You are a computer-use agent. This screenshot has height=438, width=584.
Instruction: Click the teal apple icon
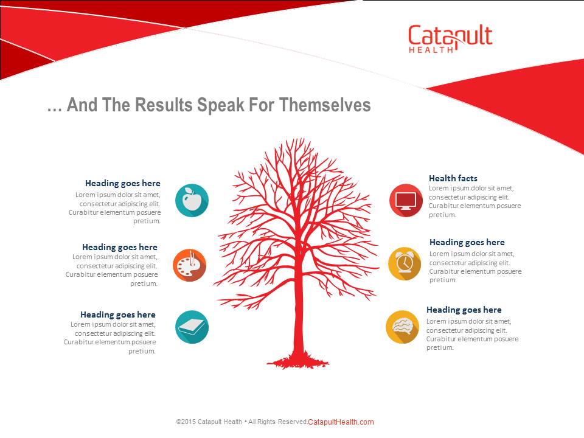[192, 200]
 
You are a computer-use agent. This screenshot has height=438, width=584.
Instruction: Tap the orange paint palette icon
[190, 265]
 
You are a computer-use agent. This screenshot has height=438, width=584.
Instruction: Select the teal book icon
[192, 327]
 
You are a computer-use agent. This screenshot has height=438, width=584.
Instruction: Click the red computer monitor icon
[406, 200]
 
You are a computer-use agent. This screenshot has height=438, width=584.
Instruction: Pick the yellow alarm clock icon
[405, 263]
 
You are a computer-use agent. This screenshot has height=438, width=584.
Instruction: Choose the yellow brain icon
[402, 327]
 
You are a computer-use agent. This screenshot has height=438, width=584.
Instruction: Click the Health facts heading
[453, 178]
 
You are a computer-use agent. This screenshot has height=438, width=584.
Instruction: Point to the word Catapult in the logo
[450, 35]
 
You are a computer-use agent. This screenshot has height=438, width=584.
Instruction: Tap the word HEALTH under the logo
[431, 50]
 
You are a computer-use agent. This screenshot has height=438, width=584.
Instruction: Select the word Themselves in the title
[325, 105]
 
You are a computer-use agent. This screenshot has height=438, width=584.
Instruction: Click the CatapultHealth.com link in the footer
[341, 422]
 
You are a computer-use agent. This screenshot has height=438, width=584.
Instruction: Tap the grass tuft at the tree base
[298, 361]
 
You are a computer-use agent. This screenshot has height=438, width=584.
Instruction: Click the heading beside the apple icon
[123, 183]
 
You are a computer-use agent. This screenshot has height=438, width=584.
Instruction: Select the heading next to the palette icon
[120, 248]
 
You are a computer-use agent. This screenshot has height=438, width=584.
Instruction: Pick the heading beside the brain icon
[464, 310]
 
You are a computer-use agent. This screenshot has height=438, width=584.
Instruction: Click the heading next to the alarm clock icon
[467, 243]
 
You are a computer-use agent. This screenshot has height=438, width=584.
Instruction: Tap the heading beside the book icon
[118, 315]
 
